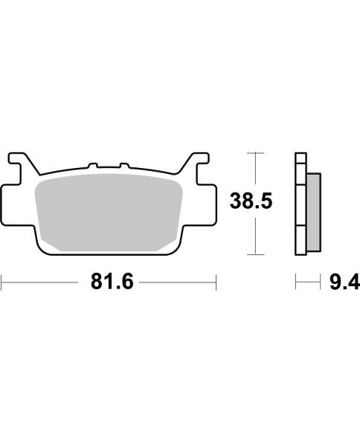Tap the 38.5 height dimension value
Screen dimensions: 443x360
point(252,201)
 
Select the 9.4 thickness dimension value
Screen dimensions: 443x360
point(344,282)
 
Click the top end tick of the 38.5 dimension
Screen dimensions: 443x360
point(255,153)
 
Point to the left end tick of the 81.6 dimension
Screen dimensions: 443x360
point(2,282)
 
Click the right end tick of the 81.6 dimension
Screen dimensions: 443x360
point(216,282)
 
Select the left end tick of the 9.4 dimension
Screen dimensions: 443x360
point(296,282)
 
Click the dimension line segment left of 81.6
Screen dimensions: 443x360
point(41,282)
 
